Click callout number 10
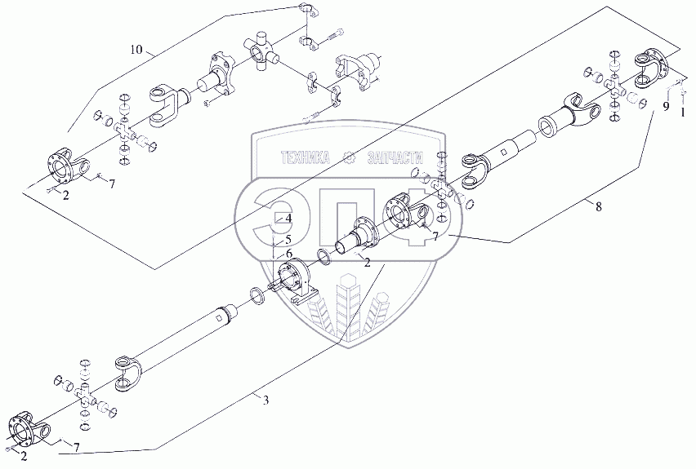coord(136,51)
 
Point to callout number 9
coord(288,219)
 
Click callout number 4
coord(288,254)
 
